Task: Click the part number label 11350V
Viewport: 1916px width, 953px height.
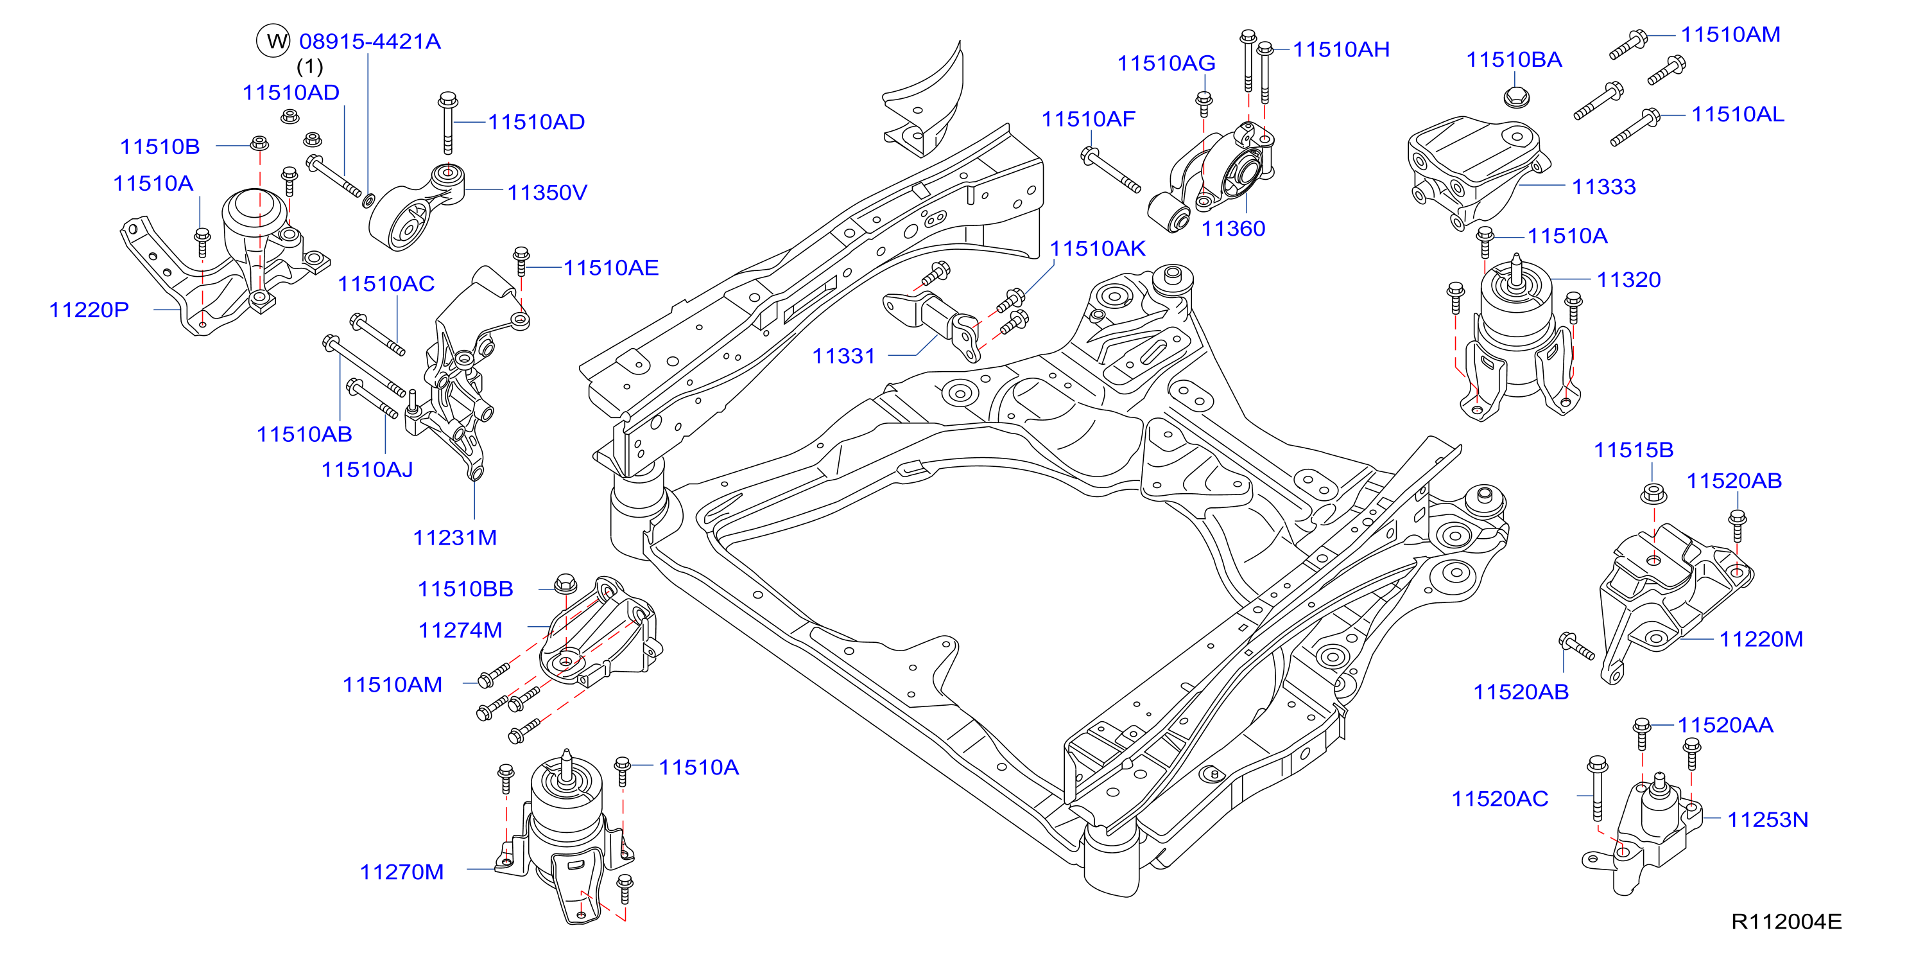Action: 547,193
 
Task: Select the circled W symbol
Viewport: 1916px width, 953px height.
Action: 273,41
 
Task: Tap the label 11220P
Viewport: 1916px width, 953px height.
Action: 89,310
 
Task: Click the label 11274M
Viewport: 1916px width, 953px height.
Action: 460,630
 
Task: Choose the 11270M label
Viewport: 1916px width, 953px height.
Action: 402,872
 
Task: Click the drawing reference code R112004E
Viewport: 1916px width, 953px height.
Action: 1786,922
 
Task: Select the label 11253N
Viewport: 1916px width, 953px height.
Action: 1767,820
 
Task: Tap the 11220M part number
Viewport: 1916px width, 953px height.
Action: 1761,639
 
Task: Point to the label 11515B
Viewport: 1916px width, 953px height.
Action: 1634,450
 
